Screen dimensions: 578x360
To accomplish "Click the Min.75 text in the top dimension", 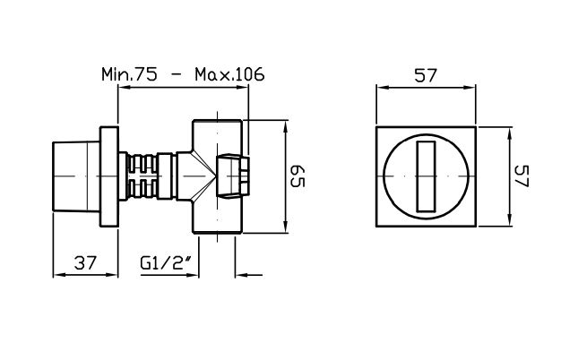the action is (x=129, y=74).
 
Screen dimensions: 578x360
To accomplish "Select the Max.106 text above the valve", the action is (x=229, y=74).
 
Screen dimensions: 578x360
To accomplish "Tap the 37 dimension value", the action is (x=85, y=262).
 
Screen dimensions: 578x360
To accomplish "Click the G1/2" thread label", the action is (x=167, y=262).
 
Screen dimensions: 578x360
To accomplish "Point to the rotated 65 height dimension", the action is (x=298, y=176).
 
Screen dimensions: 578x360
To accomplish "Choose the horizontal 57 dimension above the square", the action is (x=426, y=75).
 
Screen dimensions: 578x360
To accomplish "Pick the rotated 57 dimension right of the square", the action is (x=522, y=176).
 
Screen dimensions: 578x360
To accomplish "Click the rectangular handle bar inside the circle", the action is (x=426, y=176).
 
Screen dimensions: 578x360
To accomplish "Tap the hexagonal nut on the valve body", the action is (x=233, y=177).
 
